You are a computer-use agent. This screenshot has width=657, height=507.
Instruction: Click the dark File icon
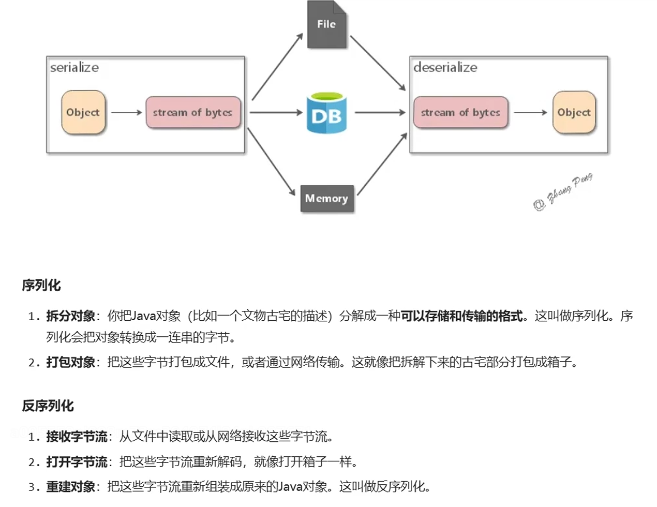(x=326, y=25)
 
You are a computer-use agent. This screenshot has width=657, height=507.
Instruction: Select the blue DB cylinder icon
(x=326, y=113)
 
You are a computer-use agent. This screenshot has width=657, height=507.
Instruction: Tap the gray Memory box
(x=327, y=199)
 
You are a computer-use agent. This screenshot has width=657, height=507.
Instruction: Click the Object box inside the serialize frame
(x=83, y=112)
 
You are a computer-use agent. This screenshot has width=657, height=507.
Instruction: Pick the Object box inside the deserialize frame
(x=574, y=112)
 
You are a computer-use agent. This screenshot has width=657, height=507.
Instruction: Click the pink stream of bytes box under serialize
(x=193, y=112)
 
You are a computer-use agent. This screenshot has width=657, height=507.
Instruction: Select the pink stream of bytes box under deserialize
(x=460, y=112)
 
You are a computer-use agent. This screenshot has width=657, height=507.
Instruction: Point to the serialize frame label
(x=74, y=67)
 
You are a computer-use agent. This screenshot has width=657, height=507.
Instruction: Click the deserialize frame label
(x=445, y=67)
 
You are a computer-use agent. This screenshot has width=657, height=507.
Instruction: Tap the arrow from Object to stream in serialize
(x=126, y=112)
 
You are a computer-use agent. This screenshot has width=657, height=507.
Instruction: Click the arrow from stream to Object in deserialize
(x=530, y=112)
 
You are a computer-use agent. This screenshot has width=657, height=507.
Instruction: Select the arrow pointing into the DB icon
(x=276, y=112)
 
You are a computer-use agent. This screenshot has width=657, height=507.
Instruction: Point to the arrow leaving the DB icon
(x=380, y=112)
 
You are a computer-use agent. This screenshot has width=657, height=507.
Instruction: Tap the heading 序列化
(x=41, y=285)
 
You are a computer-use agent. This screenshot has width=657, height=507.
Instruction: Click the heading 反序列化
(x=48, y=406)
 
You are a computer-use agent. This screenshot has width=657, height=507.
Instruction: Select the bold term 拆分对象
(x=71, y=316)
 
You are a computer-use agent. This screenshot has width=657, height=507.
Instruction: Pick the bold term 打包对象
(x=71, y=362)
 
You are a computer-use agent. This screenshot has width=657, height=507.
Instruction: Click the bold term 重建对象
(x=71, y=486)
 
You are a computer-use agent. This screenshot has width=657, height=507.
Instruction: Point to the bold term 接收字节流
(x=77, y=437)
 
